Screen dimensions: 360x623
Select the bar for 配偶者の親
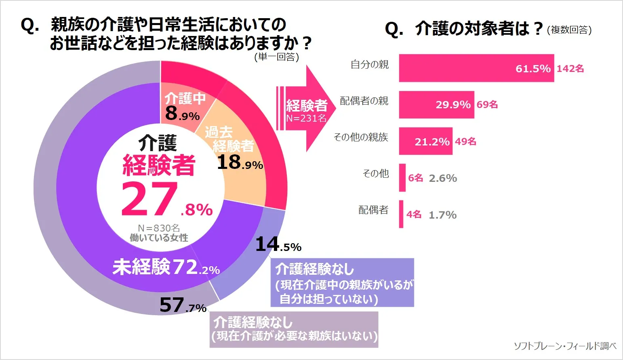pos(436,105)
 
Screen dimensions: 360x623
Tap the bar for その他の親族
pos(425,141)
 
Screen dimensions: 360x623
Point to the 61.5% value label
pos(533,69)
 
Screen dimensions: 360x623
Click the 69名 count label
pos(487,105)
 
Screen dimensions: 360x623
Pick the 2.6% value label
pos(443,178)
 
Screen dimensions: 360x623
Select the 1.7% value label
pos(442,215)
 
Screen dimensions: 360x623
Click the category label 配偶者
pos(373,210)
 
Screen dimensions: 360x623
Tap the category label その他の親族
pos(361,137)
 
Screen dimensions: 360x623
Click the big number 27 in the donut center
pos(149,199)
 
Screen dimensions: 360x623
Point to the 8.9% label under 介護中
pos(182,114)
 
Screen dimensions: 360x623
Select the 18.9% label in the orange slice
pos(240,162)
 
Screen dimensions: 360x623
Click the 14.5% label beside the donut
pos(278,245)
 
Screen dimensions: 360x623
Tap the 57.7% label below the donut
pos(183,305)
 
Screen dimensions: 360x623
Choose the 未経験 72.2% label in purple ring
pos(166,267)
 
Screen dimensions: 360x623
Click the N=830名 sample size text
pos(159,228)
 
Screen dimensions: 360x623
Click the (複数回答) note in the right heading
pos(569,30)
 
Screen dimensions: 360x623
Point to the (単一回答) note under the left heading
pos(277,57)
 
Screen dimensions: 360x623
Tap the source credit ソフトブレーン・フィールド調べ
pos(565,346)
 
